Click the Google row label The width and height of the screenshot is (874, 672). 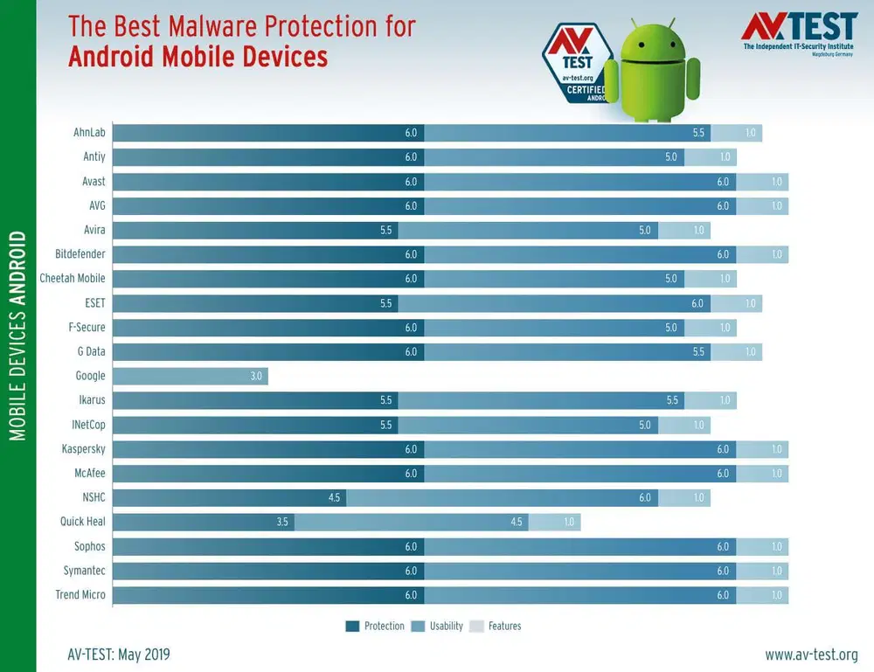click(x=90, y=376)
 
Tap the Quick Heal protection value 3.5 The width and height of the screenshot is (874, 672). click(x=281, y=522)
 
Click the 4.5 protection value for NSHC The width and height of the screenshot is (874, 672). click(x=334, y=497)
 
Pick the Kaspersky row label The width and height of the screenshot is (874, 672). click(x=83, y=449)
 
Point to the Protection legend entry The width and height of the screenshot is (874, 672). click(x=375, y=626)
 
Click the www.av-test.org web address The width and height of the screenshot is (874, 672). click(x=811, y=655)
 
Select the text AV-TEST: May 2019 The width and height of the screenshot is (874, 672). click(x=118, y=655)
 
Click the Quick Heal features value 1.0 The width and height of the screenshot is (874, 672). click(x=568, y=522)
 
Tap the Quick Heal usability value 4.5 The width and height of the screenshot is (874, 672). click(x=516, y=522)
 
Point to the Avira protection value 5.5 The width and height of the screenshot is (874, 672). click(x=385, y=230)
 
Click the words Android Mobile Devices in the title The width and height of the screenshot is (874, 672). click(x=198, y=58)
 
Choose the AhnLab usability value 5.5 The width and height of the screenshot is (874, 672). click(x=697, y=133)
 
